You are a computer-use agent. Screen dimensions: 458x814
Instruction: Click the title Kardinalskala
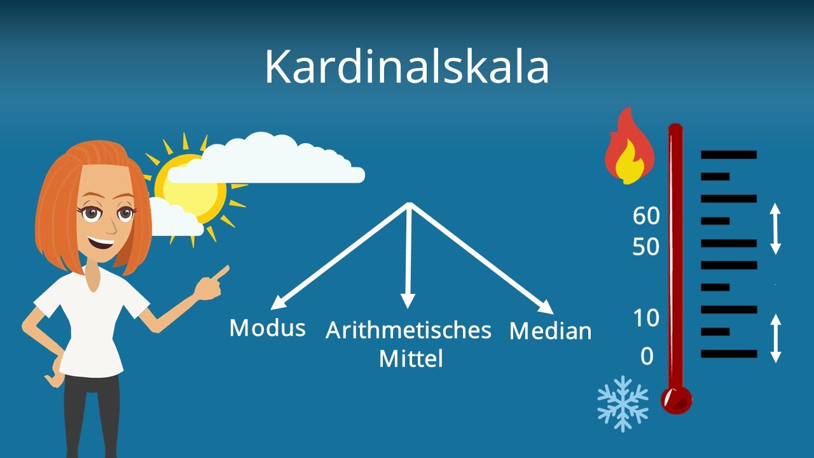(x=406, y=66)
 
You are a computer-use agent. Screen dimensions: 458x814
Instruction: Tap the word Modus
(x=267, y=328)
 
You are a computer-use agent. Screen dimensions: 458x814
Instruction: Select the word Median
(x=551, y=331)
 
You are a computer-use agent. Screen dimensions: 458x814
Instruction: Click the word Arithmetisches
(x=408, y=331)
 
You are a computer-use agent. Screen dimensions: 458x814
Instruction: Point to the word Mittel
(x=411, y=359)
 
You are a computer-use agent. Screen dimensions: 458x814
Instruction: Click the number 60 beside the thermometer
(x=646, y=216)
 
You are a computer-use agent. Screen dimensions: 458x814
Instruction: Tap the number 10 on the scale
(x=646, y=318)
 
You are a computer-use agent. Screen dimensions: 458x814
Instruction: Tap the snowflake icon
(x=623, y=403)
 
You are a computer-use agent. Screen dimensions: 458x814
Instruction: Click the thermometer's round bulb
(x=675, y=399)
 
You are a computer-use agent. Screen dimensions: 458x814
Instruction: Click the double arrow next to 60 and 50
(x=775, y=229)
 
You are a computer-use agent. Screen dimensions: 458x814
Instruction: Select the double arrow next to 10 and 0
(x=775, y=338)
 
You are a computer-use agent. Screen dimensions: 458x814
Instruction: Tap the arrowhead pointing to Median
(x=547, y=308)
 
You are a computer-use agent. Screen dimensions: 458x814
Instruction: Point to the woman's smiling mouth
(x=102, y=243)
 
